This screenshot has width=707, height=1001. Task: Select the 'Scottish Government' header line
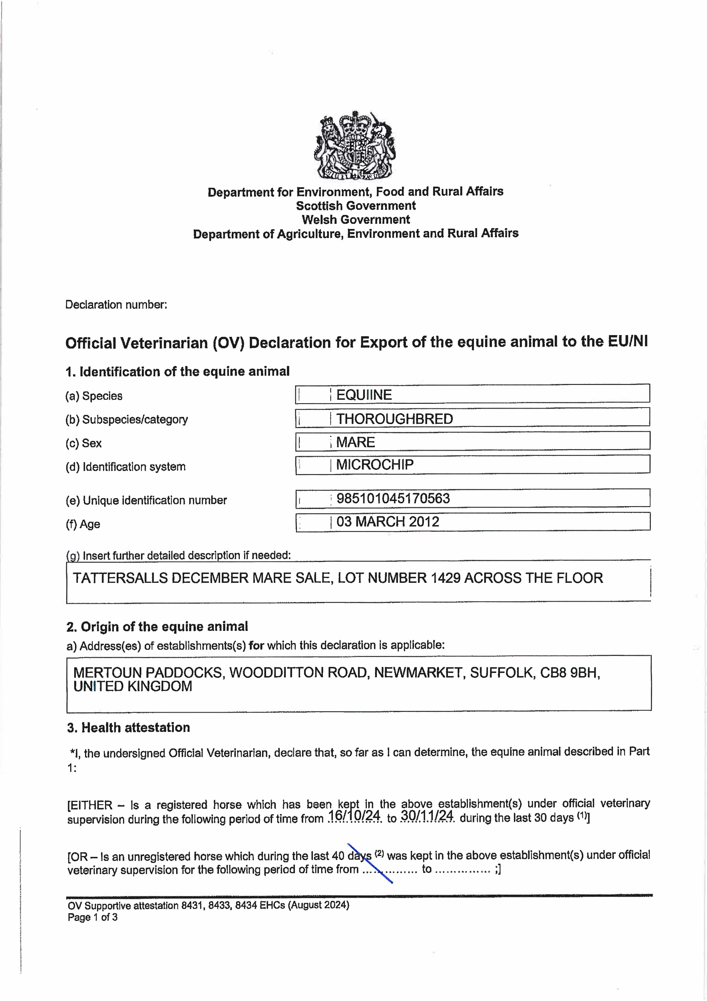[x=356, y=206]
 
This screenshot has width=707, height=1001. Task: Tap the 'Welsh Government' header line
[x=356, y=220]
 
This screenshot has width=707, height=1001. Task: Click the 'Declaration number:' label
[x=116, y=305]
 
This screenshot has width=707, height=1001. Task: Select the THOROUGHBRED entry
[x=394, y=419]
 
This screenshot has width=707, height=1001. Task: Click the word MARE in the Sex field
[x=356, y=442]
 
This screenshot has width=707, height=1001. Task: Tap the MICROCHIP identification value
[x=375, y=465]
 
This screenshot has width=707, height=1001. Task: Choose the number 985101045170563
[x=393, y=498]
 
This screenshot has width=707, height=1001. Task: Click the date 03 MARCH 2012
[x=388, y=522]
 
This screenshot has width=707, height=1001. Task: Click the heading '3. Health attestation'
[x=128, y=728]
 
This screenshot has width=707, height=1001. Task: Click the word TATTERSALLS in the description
[x=120, y=578]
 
